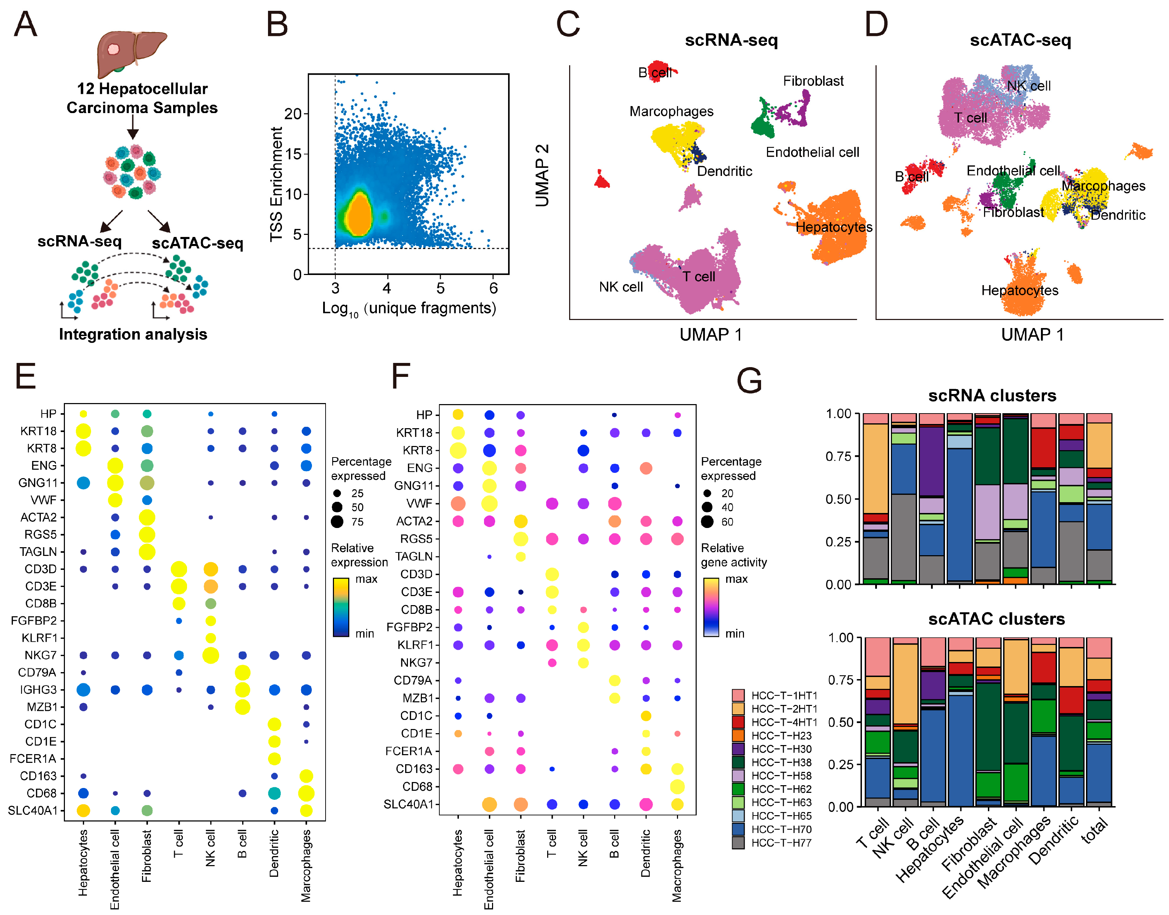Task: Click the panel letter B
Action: pos(277,25)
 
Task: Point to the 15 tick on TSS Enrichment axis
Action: pos(293,154)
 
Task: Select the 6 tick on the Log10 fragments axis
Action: pos(493,289)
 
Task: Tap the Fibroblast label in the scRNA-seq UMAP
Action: pos(813,81)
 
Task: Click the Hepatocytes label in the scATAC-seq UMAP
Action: pos(1020,290)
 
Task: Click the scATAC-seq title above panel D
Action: pos(1020,40)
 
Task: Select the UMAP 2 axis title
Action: pos(542,175)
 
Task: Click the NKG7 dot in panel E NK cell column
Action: pos(210,655)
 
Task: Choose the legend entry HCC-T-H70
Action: pos(781,829)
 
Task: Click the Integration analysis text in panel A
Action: pos(133,334)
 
